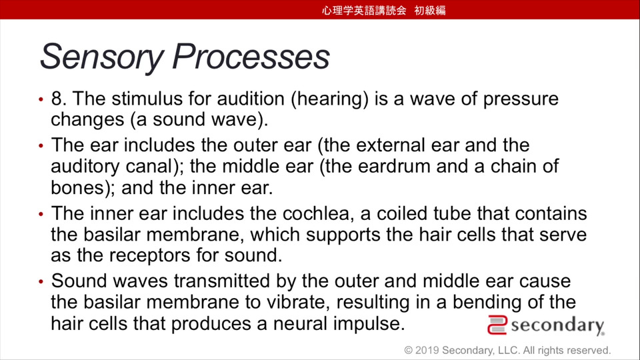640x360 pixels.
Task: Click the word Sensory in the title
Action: click(102, 57)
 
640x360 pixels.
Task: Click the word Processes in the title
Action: click(251, 56)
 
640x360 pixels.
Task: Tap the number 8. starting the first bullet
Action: click(59, 99)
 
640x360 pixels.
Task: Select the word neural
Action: click(301, 324)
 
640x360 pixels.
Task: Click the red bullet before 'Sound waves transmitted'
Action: click(41, 281)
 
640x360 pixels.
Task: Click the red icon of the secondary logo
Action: click(497, 325)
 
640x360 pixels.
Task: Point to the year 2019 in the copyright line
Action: click(427, 350)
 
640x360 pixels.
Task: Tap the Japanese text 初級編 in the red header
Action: click(430, 10)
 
